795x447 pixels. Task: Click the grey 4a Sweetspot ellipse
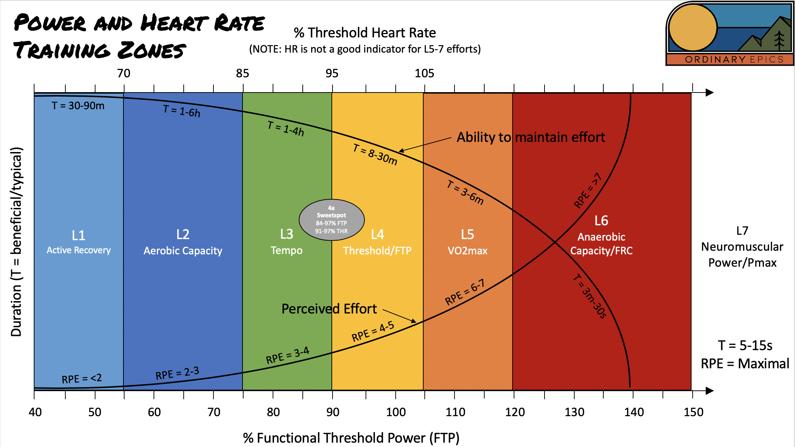[331, 220]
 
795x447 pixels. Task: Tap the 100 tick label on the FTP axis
[396, 412]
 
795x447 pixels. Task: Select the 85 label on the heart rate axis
[242, 73]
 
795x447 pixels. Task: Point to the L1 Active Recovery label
[78, 242]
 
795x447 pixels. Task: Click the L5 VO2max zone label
[468, 242]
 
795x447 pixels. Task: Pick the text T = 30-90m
[78, 106]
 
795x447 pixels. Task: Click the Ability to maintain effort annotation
[531, 137]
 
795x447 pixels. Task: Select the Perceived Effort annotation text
[329, 309]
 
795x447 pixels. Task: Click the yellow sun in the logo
[693, 28]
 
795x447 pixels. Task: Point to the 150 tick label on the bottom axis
[693, 412]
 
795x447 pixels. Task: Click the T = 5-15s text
[745, 345]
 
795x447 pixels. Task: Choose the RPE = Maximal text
[745, 364]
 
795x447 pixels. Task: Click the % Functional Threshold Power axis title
[351, 438]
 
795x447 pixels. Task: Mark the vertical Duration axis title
[17, 242]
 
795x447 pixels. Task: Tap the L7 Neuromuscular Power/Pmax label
[742, 246]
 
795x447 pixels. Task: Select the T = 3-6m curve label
[465, 193]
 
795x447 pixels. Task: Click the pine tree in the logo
[779, 40]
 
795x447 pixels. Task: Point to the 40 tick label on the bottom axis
[35, 412]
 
